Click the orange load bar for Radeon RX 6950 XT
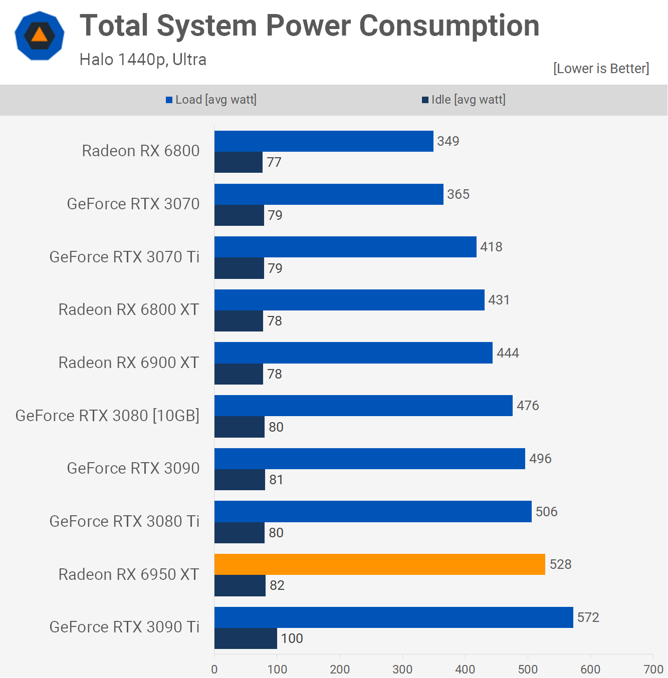(x=379, y=564)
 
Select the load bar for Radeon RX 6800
(x=324, y=141)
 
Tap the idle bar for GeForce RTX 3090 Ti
(x=246, y=638)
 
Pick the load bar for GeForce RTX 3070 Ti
(x=345, y=247)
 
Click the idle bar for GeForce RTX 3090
(x=240, y=480)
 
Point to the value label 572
(x=588, y=617)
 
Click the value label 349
(x=448, y=141)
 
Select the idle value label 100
(x=292, y=638)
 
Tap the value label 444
(x=508, y=353)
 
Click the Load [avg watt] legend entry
(x=211, y=100)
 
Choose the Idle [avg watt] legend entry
(x=464, y=100)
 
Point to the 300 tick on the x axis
(x=402, y=669)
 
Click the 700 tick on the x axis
(x=653, y=669)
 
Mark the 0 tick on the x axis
(x=214, y=669)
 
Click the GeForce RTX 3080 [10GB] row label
(x=107, y=416)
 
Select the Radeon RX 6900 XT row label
(x=129, y=363)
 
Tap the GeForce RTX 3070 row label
(x=133, y=204)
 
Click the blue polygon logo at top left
(x=40, y=36)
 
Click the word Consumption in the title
(x=449, y=26)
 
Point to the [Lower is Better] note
(x=601, y=69)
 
